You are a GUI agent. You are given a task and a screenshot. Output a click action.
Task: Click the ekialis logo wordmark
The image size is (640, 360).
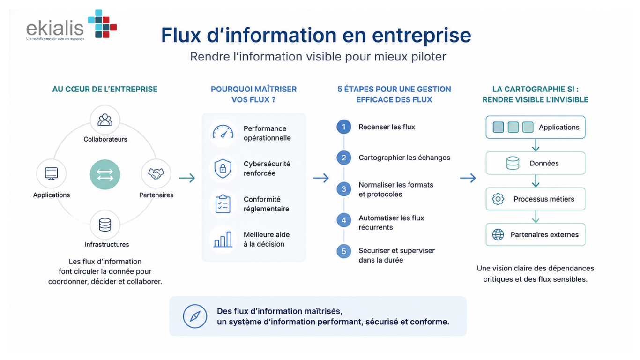click(x=55, y=29)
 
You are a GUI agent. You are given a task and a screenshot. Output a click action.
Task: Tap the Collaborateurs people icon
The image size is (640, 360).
click(x=105, y=120)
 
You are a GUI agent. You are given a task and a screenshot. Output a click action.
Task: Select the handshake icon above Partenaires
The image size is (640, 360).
click(x=156, y=173)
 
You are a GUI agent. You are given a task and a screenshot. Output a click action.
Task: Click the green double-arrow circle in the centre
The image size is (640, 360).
click(x=105, y=174)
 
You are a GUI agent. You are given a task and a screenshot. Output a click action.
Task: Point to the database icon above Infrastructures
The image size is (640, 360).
click(x=105, y=225)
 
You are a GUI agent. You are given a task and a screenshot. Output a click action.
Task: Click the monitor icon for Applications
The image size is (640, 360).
click(x=52, y=173)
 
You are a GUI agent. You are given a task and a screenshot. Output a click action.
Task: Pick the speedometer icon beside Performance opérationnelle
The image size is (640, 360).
click(x=223, y=132)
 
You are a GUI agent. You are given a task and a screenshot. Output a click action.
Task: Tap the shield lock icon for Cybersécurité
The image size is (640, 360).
click(x=223, y=168)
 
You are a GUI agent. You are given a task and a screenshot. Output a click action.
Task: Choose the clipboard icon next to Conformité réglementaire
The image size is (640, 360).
click(x=223, y=204)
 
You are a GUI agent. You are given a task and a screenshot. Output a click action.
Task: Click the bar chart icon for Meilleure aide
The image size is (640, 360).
click(x=223, y=240)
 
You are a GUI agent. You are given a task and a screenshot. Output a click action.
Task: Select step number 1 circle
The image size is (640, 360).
click(x=344, y=127)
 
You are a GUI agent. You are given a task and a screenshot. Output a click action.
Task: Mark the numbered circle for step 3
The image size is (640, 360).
click(x=344, y=189)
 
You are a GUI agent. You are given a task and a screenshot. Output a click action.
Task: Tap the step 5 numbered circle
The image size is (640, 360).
click(x=344, y=251)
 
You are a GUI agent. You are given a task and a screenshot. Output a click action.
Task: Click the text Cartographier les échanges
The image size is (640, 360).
click(x=404, y=157)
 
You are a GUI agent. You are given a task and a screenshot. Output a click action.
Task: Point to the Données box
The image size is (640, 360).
click(x=536, y=163)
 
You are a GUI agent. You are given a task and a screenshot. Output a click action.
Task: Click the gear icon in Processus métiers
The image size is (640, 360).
click(x=498, y=199)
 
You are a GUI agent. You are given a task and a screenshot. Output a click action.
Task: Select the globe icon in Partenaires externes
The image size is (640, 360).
click(x=498, y=235)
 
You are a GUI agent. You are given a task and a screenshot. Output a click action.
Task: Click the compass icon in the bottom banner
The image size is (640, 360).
click(x=195, y=316)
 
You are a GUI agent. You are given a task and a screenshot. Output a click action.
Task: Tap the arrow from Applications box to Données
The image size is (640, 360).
click(x=536, y=145)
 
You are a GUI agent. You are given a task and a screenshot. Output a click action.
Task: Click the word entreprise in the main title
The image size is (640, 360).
click(x=421, y=35)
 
